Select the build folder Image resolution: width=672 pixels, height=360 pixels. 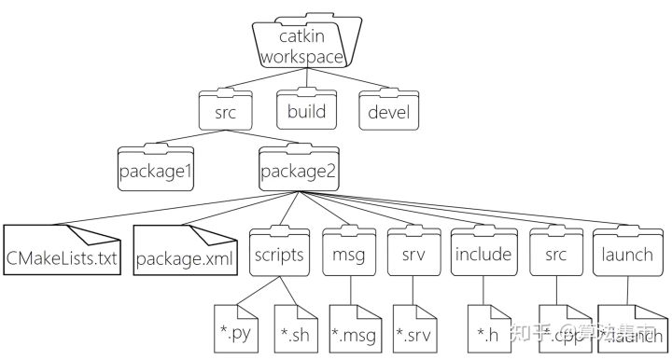point(306,112)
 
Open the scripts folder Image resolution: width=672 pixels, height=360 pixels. point(278,254)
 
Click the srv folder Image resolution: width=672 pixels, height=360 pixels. point(413,254)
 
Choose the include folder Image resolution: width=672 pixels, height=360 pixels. point(483,254)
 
